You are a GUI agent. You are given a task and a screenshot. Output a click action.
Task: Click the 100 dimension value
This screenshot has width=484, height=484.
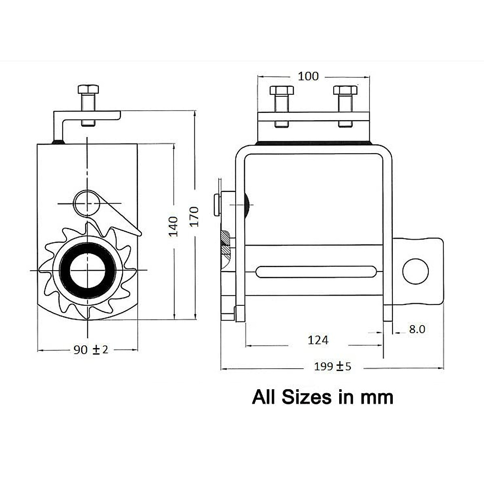[x=308, y=76]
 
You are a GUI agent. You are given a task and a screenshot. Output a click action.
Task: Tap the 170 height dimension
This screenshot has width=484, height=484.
[x=194, y=216]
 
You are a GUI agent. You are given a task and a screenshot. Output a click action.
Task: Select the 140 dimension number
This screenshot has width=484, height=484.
[x=173, y=226]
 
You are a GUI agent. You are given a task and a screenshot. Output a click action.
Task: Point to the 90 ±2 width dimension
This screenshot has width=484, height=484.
[x=91, y=350]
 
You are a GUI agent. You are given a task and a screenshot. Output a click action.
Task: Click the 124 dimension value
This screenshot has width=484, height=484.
[x=318, y=340]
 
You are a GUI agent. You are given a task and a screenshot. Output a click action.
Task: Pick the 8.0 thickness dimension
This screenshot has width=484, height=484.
[x=417, y=329]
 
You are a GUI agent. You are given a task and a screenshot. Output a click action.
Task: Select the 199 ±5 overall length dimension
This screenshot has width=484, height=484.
[x=333, y=367]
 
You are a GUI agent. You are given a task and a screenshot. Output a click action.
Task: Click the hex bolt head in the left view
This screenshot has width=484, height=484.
[x=89, y=89]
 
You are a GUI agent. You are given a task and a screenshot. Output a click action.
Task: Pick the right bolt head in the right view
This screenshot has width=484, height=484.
[x=345, y=90]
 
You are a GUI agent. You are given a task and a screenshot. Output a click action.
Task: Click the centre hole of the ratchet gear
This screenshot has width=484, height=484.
[x=88, y=270]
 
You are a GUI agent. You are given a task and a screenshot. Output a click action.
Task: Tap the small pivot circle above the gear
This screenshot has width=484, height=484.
[x=86, y=203]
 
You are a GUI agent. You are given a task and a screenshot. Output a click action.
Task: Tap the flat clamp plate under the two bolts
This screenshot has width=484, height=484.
[x=313, y=117]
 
